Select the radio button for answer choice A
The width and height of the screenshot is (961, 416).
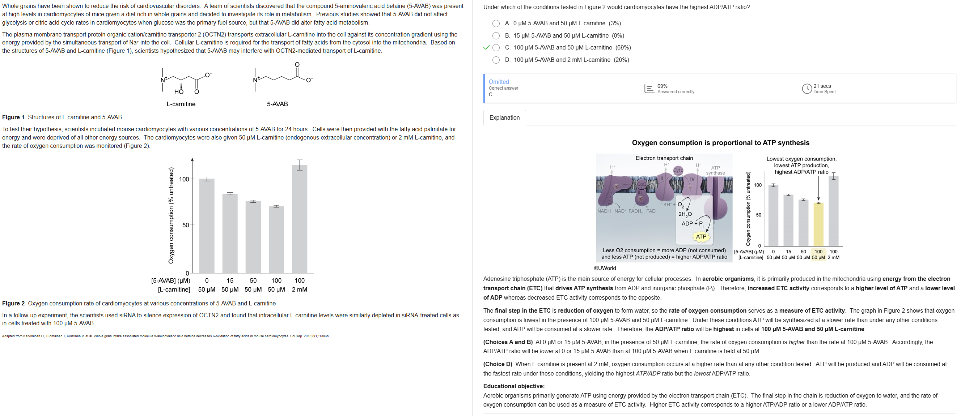[x=496, y=23]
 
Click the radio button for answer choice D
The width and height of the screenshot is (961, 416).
[x=496, y=60]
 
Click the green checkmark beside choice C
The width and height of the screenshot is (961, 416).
[x=486, y=48]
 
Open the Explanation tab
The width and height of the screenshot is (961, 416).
[x=504, y=118]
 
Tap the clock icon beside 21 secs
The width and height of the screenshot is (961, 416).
[x=807, y=89]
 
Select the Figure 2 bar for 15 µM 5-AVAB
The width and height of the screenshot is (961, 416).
[x=230, y=233]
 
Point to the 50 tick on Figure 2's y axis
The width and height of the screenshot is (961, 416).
[x=185, y=225]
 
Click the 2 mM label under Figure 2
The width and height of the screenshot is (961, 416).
[x=300, y=290]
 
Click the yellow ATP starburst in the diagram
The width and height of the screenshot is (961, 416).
[x=701, y=237]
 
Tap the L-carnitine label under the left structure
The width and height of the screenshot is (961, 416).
[x=181, y=104]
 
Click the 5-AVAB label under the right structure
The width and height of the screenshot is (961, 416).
[x=277, y=104]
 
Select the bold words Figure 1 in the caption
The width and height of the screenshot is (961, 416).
[x=13, y=117]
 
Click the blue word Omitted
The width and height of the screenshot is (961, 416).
[x=499, y=82]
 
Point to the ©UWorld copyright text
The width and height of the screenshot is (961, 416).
[x=605, y=269]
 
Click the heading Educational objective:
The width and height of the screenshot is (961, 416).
[x=514, y=386]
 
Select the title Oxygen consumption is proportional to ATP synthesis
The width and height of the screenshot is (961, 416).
[x=720, y=143]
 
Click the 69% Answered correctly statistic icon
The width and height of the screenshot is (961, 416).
[x=649, y=89]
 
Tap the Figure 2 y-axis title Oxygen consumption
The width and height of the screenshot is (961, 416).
[x=171, y=215]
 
